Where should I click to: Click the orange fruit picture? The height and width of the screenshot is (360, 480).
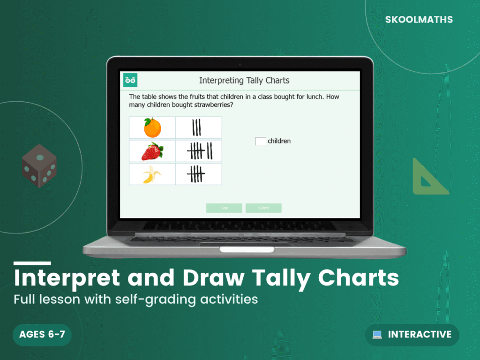coord(152,128)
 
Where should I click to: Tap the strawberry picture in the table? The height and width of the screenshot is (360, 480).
coord(152,151)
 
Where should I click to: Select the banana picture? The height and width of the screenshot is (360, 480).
coord(152,174)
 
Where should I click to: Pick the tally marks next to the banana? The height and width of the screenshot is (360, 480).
coord(196,174)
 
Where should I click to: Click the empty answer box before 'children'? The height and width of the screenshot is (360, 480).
coord(261,141)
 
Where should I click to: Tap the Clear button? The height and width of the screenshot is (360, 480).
coord(224,208)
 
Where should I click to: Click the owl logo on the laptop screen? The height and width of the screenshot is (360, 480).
coord(130,81)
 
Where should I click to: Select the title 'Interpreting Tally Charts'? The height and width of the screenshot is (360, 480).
coord(244,81)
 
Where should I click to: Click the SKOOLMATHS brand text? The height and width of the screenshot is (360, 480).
coord(419,20)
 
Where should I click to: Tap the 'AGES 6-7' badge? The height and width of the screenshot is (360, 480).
coord(42,335)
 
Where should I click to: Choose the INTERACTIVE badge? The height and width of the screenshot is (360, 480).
coord(412,335)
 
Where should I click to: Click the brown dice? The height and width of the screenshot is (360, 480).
coord(39,166)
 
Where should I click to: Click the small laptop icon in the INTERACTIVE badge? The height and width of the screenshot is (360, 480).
coord(377,335)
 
